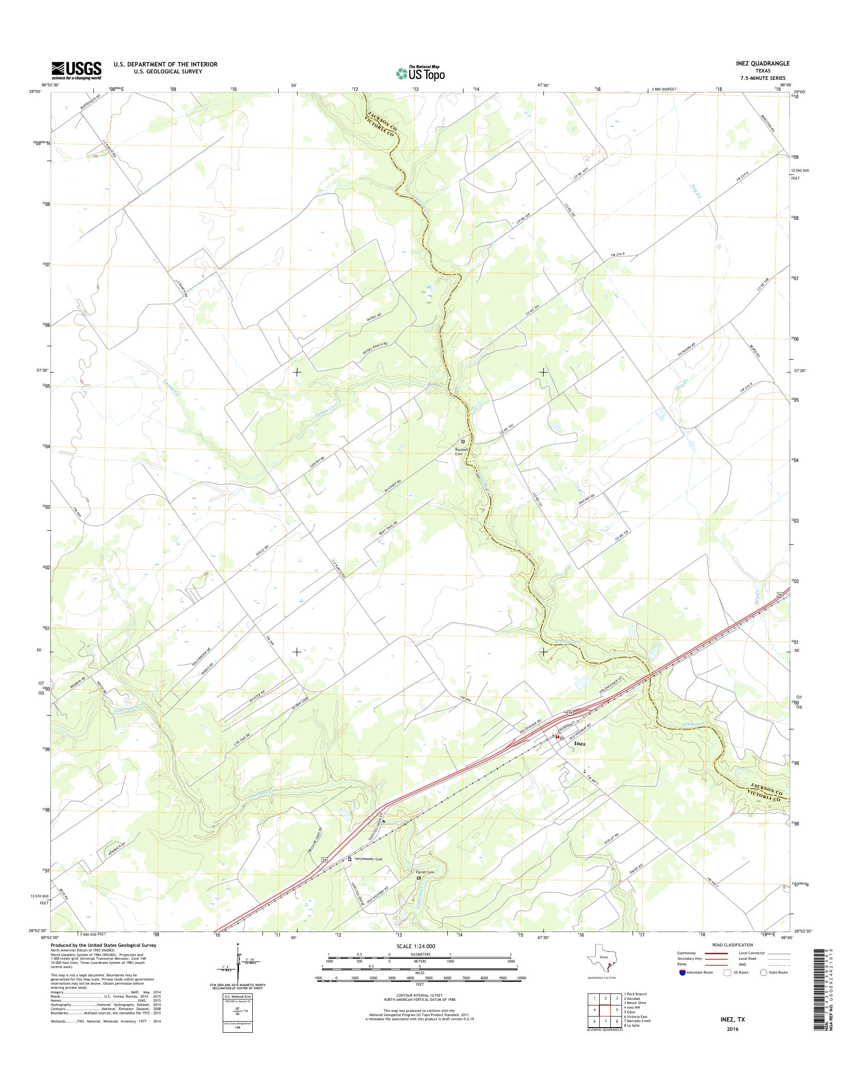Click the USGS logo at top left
point(76,70)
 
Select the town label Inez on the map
point(580,744)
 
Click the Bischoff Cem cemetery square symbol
point(463,441)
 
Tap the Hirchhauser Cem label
point(368,859)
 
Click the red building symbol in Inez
point(557,737)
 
